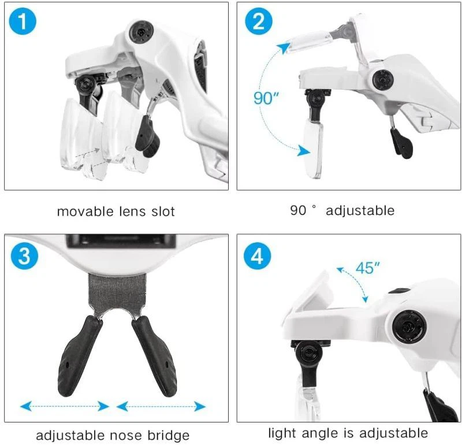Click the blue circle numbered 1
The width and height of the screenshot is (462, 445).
point(23,21)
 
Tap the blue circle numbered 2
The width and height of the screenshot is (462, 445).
point(258,21)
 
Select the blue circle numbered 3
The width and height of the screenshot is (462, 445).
point(24,255)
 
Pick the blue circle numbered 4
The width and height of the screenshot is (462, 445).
point(257,256)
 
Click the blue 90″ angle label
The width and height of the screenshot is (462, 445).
point(266,98)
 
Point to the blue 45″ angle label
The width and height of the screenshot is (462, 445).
point(367,268)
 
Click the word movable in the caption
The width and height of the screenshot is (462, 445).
point(85,212)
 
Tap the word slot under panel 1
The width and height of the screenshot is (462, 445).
point(163,212)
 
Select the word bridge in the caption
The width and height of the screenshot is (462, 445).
point(169,435)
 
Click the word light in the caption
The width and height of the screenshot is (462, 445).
point(283,433)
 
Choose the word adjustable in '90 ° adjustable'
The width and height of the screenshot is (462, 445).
point(360,210)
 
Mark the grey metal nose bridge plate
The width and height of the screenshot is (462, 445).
point(117,292)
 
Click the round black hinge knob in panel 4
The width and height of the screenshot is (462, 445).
point(409,326)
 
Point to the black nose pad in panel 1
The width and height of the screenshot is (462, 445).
point(147,136)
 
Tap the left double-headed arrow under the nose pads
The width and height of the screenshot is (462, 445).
point(65,406)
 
